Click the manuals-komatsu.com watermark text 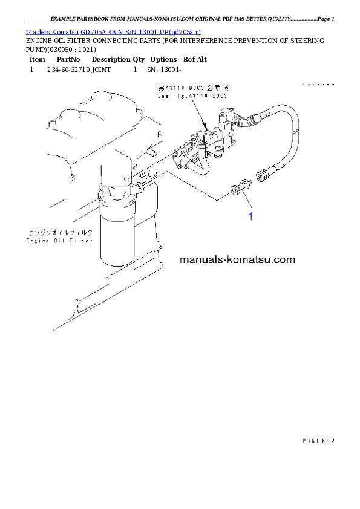coord(237,260)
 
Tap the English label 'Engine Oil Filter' coord(59,241)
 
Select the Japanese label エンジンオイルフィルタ coord(59,232)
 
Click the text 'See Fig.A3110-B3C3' coord(192,96)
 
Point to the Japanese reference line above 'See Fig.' coord(192,88)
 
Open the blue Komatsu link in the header coord(114,31)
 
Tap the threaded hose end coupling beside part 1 coord(263,175)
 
